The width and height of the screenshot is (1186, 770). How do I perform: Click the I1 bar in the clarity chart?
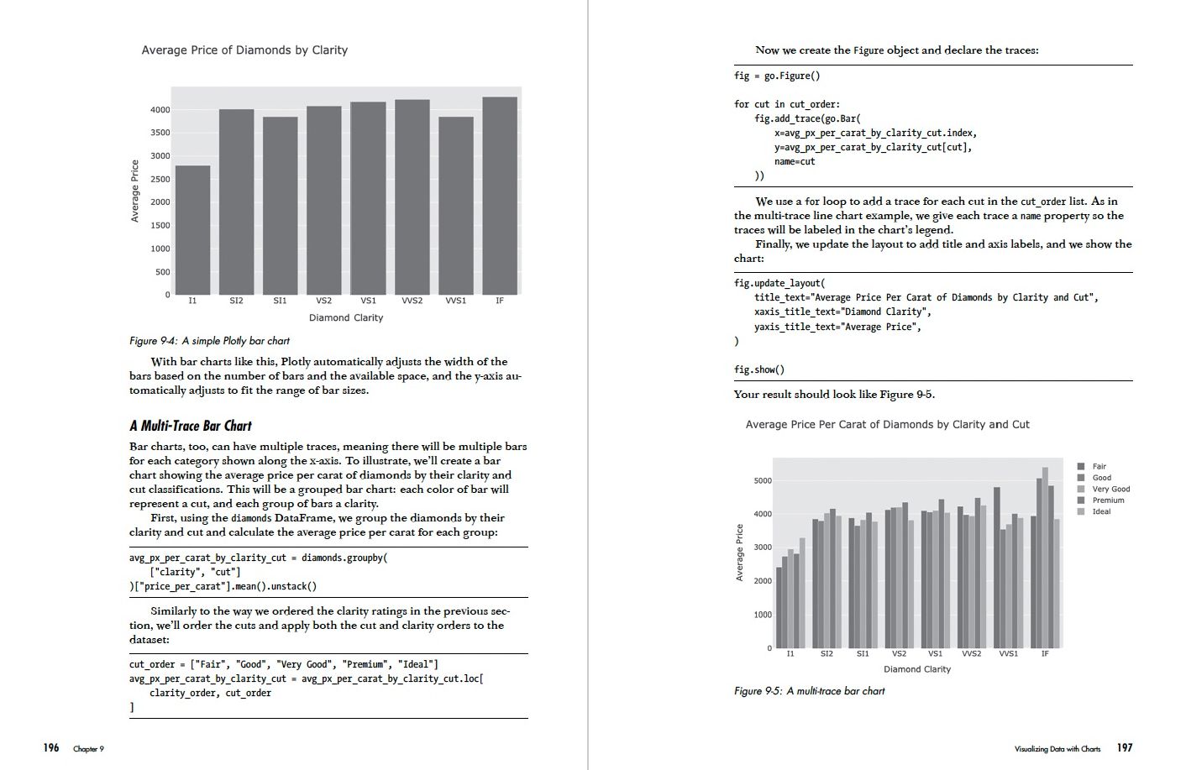click(x=192, y=230)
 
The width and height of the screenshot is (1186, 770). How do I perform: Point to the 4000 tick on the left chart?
click(x=160, y=110)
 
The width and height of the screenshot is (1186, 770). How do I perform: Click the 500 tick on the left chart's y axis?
click(x=162, y=272)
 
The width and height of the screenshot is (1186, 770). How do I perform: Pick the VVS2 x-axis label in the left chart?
click(x=412, y=301)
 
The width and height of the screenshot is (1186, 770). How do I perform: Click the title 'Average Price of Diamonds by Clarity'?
click(x=244, y=50)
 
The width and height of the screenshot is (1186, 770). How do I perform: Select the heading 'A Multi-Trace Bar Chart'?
click(x=191, y=426)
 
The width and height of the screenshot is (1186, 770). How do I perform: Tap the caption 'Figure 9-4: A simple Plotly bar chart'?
click(x=209, y=341)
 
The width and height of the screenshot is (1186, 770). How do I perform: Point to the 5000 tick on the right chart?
click(x=762, y=481)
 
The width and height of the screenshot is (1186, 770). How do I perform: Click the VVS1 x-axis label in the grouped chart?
click(x=1008, y=653)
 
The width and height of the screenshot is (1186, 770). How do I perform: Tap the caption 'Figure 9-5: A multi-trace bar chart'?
click(x=809, y=691)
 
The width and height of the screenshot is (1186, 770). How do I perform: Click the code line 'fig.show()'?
click(x=758, y=369)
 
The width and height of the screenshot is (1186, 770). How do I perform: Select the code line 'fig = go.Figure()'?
click(x=776, y=76)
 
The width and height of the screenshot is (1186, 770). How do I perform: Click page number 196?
click(x=51, y=747)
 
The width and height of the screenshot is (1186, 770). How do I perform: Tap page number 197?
click(x=1124, y=747)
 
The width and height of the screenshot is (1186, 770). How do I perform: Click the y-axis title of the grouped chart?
click(x=739, y=552)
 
